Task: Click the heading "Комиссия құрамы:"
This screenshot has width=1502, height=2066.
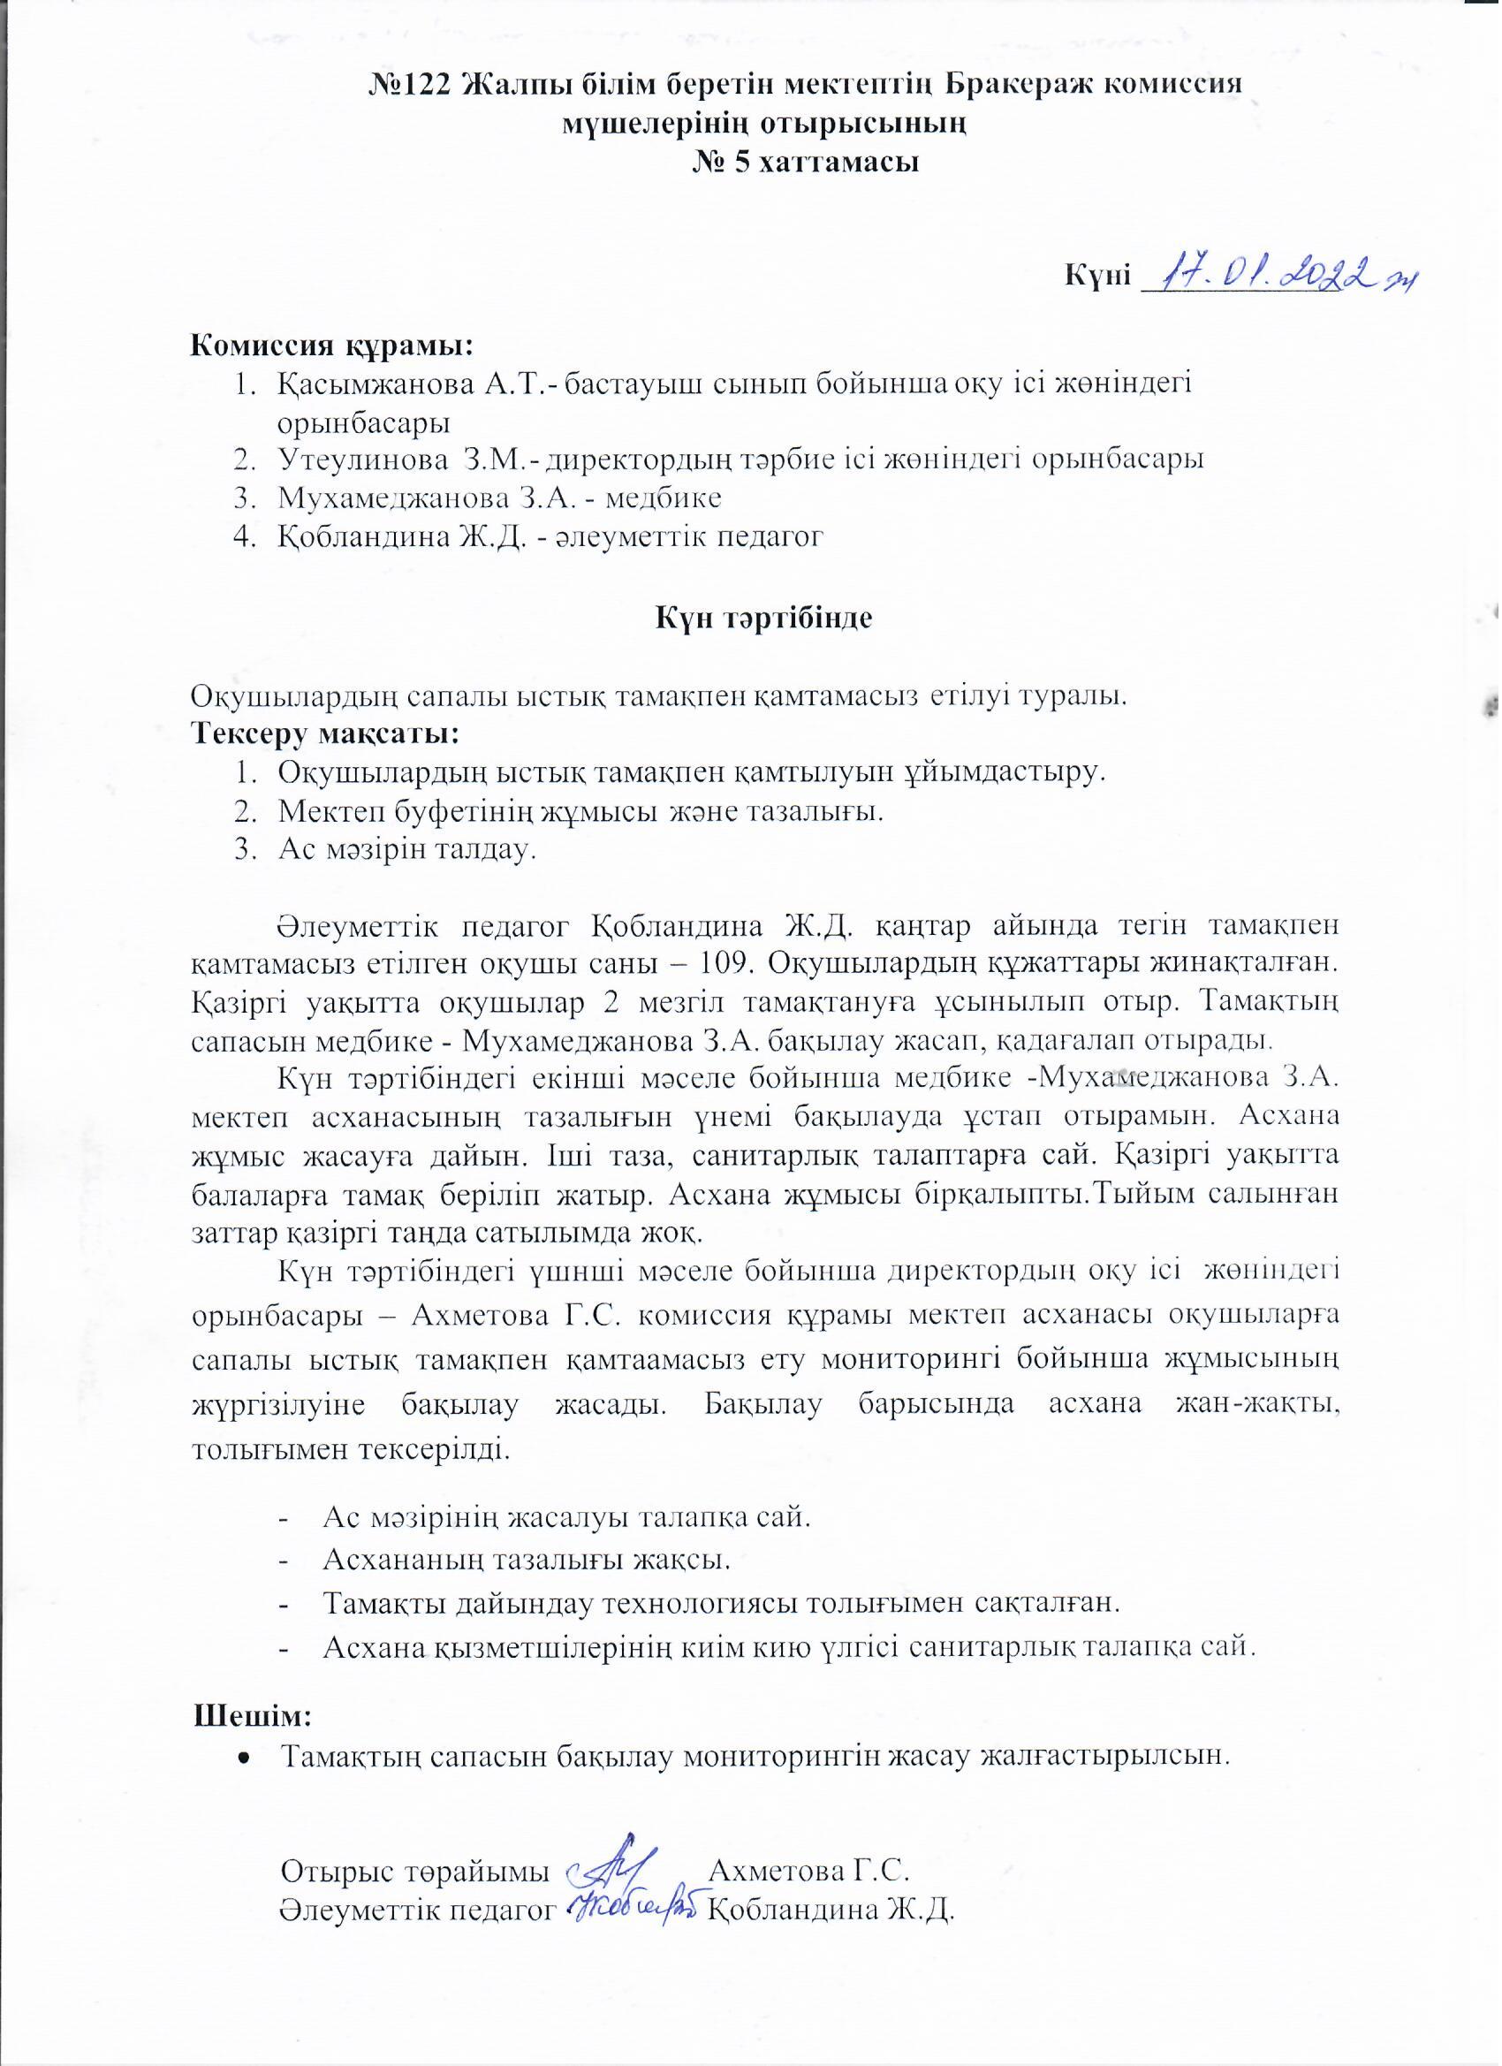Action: click(x=331, y=346)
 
